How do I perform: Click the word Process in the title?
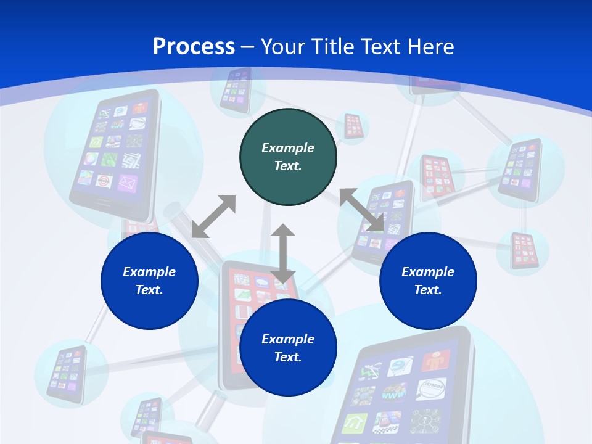[x=194, y=47]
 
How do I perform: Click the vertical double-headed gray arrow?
[x=283, y=254]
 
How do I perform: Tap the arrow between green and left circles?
[x=213, y=216]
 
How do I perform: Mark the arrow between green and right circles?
[x=361, y=210]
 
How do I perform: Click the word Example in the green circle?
[x=288, y=148]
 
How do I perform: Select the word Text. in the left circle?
[x=149, y=290]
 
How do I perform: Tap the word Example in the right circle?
[x=428, y=272]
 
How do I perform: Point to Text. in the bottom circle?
[x=288, y=357]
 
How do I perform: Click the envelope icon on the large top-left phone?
[x=127, y=183]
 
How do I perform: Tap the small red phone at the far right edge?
[x=523, y=250]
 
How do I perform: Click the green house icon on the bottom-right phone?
[x=355, y=423]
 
